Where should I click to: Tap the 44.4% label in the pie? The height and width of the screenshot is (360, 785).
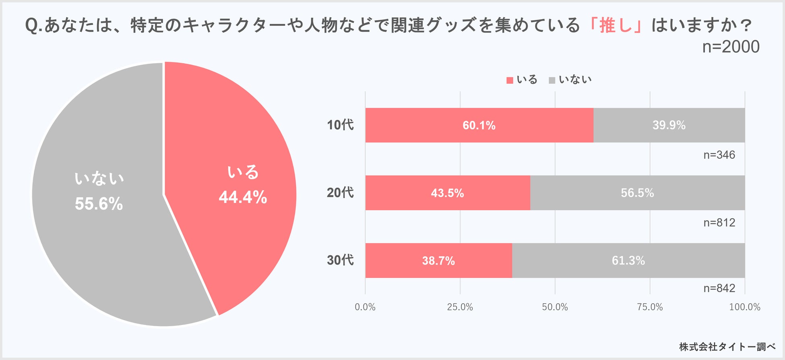click(x=243, y=197)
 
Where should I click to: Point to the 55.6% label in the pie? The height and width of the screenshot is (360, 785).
click(x=99, y=204)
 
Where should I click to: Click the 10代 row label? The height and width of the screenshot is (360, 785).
click(x=340, y=125)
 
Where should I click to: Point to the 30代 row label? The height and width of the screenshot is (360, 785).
click(x=340, y=261)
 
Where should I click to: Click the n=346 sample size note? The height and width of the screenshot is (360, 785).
click(x=719, y=155)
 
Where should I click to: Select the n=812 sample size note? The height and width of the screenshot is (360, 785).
click(x=719, y=223)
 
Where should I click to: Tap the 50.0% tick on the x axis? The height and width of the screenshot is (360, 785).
click(x=555, y=307)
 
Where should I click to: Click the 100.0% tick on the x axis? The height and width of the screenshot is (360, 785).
click(x=744, y=307)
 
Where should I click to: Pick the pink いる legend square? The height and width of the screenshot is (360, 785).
click(x=510, y=80)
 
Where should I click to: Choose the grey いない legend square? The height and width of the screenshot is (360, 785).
click(x=552, y=80)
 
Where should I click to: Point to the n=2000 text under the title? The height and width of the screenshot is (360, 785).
click(x=731, y=47)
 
